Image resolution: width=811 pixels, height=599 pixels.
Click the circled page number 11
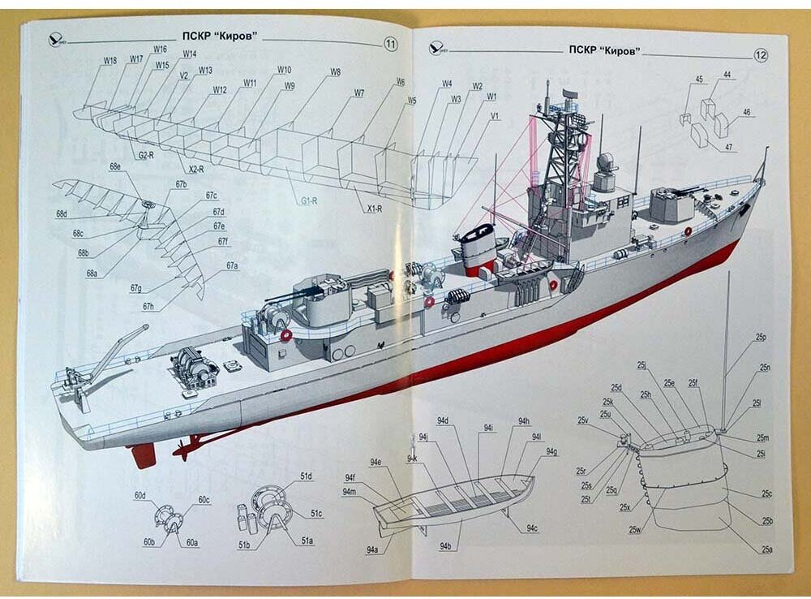390,45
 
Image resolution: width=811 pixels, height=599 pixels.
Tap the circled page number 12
761,55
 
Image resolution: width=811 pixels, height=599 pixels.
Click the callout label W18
110,60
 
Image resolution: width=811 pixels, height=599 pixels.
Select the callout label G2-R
147,155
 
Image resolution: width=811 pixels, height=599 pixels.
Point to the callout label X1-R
374,209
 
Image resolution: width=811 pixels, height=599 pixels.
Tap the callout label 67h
148,306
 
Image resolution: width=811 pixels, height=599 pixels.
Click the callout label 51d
307,476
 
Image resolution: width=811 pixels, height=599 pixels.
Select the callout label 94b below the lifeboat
445,546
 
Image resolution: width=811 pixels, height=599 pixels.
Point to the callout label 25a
766,549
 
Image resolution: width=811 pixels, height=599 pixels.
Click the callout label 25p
761,337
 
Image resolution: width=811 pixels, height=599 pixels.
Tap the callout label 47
729,147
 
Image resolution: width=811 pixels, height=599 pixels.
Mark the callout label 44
727,75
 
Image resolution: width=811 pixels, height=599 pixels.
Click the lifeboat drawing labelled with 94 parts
454,499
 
